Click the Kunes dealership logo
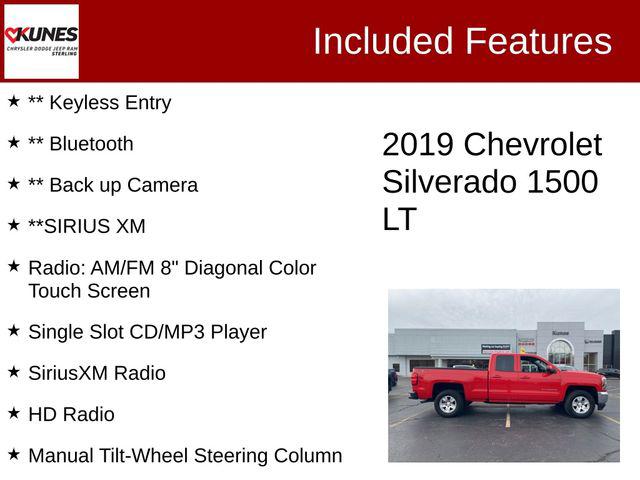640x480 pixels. pos(41,41)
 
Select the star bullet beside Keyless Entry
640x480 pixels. pos(14,101)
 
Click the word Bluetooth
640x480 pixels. pos(91,143)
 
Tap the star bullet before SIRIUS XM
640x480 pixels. pos(14,225)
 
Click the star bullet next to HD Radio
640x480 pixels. pos(14,412)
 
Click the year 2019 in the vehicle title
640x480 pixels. pos(418,145)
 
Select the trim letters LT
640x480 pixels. pos(399,219)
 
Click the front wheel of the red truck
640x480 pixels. pos(579,403)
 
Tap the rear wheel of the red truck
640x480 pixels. pos(447,403)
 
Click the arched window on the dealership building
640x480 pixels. pos(560,351)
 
